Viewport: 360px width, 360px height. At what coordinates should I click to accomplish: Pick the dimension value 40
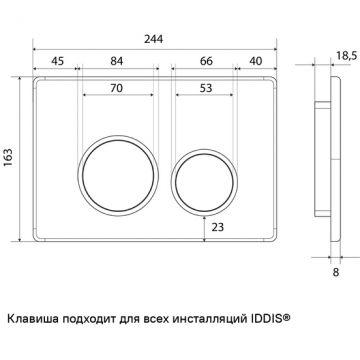(255, 59)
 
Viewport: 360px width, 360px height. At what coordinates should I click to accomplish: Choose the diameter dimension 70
(118, 88)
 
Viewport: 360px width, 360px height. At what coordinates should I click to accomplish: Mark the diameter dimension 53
(205, 88)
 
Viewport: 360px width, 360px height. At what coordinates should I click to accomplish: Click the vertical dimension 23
(219, 228)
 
